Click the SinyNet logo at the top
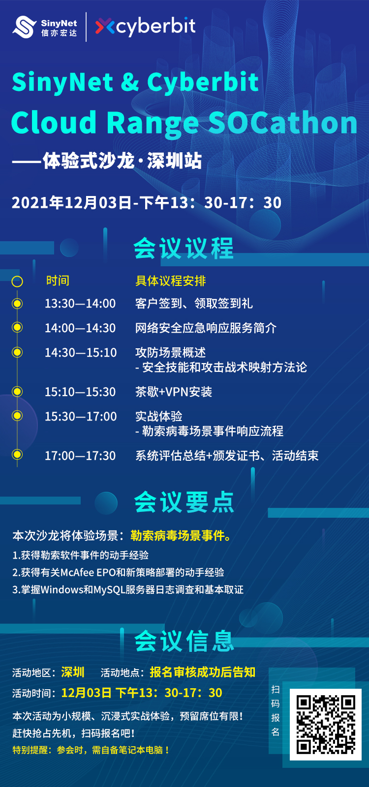[45, 27]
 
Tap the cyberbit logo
[145, 27]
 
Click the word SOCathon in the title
[283, 123]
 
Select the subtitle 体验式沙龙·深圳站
[122, 161]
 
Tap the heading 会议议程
[184, 248]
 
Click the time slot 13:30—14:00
[80, 304]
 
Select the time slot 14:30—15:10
[81, 352]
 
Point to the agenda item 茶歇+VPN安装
[174, 392]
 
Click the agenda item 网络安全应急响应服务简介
[206, 328]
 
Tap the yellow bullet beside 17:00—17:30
[17, 454]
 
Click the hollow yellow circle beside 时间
[17, 281]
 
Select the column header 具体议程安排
[171, 281]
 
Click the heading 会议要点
[184, 502]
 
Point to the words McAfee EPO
[88, 572]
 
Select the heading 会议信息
[184, 641]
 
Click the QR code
[325, 725]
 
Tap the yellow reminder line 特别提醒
[91, 750]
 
